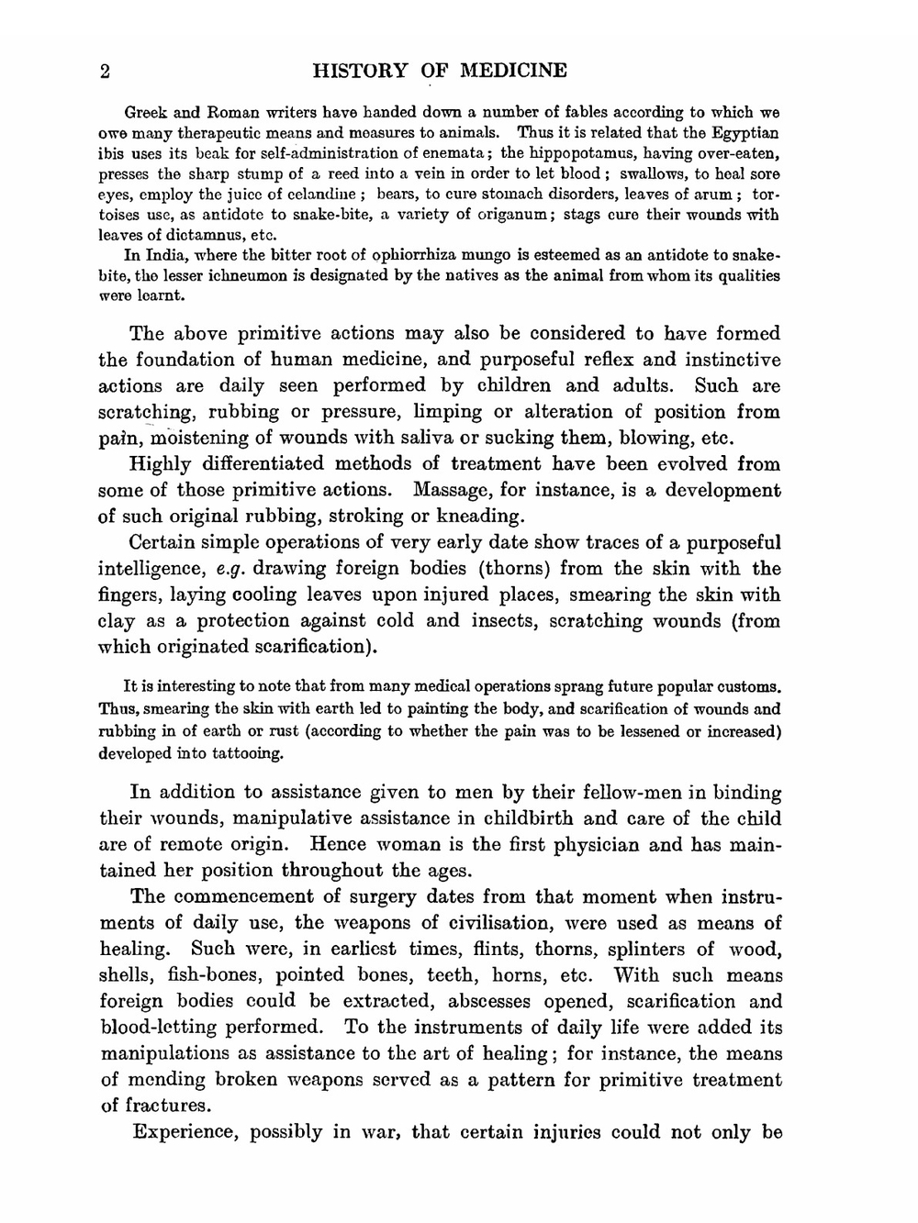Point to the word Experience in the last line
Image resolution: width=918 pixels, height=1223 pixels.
point(184,1131)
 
